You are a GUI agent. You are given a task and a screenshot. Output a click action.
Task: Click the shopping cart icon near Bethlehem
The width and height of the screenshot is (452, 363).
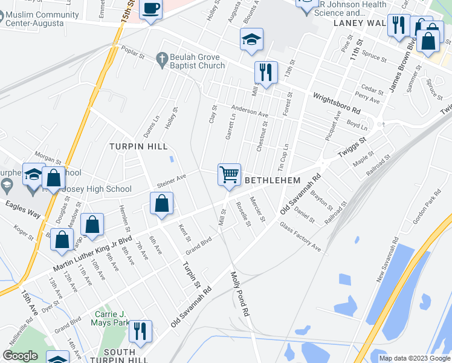(229, 175)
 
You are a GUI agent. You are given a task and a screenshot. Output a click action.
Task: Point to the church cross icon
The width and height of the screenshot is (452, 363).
(161, 59)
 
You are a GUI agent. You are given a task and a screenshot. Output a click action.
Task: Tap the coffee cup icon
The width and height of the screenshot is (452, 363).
(150, 9)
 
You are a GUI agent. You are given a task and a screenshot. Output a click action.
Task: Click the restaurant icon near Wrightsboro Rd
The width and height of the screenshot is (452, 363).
(266, 72)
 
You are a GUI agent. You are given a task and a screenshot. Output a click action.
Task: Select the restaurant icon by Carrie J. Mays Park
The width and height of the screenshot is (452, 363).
(140, 331)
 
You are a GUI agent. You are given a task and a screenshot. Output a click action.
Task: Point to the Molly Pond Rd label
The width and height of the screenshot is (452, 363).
(240, 295)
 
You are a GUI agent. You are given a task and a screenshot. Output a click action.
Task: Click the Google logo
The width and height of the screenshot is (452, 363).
(20, 356)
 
